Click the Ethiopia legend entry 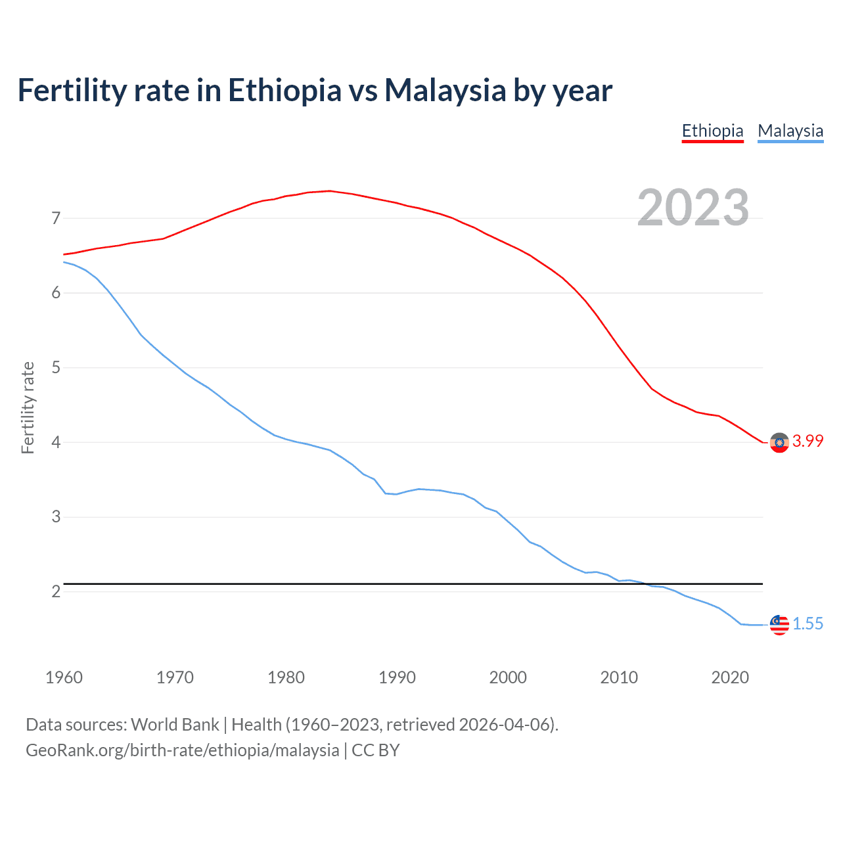(712, 131)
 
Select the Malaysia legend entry (790, 131)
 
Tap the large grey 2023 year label (693, 208)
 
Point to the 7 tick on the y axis (56, 218)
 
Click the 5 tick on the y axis (56, 367)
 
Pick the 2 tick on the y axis (56, 591)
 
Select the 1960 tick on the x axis (64, 677)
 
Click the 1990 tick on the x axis (397, 677)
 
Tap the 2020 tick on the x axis (730, 677)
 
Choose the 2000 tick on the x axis (508, 677)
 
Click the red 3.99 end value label (807, 442)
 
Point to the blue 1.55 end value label (807, 624)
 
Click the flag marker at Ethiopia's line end (779, 443)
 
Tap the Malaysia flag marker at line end (779, 625)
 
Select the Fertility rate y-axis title (28, 407)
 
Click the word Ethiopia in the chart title (284, 90)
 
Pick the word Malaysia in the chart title (445, 90)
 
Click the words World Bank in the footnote (175, 725)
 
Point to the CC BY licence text (376, 750)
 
